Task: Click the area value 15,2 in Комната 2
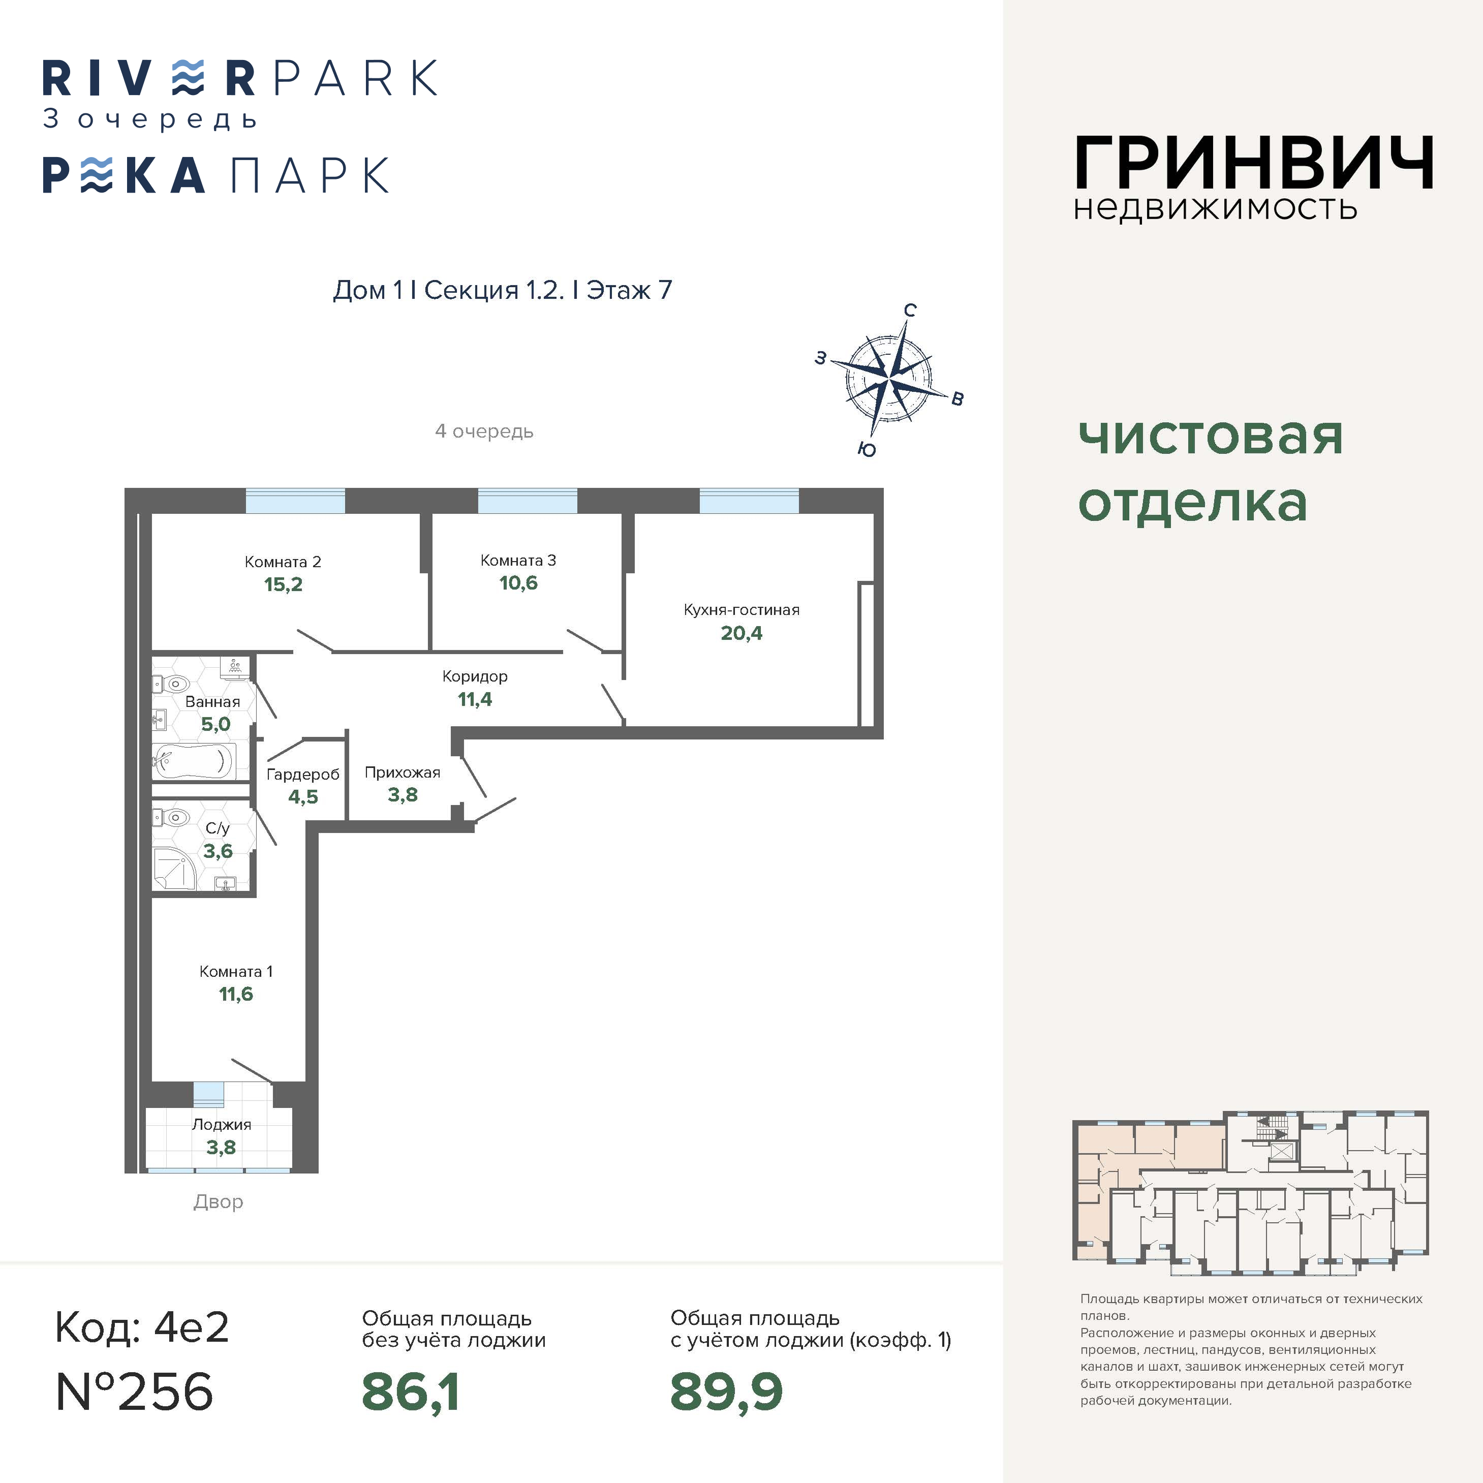pos(283,585)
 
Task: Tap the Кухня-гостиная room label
pos(741,610)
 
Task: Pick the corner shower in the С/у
pos(174,868)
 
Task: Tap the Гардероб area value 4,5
pos(303,797)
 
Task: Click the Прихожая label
pos(402,772)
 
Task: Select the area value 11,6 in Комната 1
pos(236,995)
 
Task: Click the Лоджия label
pos(221,1125)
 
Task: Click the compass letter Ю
pos(867,450)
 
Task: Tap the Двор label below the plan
pos(218,1202)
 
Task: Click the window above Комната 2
pos(295,501)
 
